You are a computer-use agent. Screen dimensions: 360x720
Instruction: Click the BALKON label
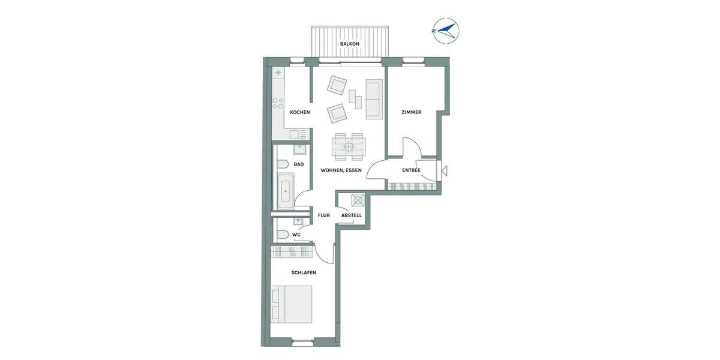tap(349, 44)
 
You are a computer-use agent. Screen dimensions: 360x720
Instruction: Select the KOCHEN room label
tap(299, 113)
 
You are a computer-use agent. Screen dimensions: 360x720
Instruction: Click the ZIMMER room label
tap(411, 112)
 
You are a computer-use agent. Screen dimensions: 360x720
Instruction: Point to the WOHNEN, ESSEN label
tap(341, 170)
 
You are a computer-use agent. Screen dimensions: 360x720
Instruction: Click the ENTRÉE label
tap(411, 170)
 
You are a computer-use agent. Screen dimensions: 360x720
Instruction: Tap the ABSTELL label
tap(351, 215)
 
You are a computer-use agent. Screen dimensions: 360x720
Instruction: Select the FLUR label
tap(324, 215)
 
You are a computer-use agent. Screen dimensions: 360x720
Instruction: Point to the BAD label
tap(298, 164)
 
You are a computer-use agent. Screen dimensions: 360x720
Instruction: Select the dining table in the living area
tap(349, 146)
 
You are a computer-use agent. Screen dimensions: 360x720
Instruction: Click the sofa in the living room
tap(373, 100)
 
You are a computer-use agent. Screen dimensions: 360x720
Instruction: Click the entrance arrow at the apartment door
tap(445, 170)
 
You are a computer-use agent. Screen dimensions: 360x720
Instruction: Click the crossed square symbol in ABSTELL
tap(359, 200)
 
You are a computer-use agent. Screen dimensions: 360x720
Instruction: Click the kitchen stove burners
tap(278, 103)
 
